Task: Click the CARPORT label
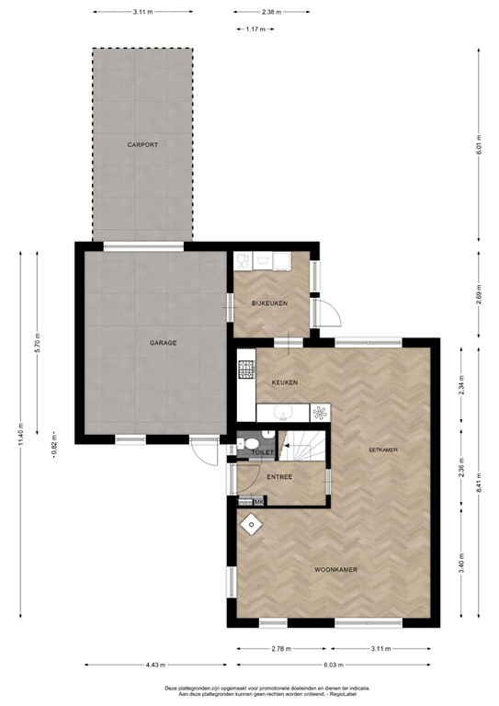click(142, 145)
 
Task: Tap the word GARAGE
click(164, 343)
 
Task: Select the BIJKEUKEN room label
click(271, 302)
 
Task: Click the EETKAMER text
click(382, 450)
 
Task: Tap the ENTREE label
click(279, 477)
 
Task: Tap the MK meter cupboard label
click(259, 501)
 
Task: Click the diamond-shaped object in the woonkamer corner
click(250, 523)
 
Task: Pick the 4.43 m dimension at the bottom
click(153, 665)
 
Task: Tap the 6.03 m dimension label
click(334, 665)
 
